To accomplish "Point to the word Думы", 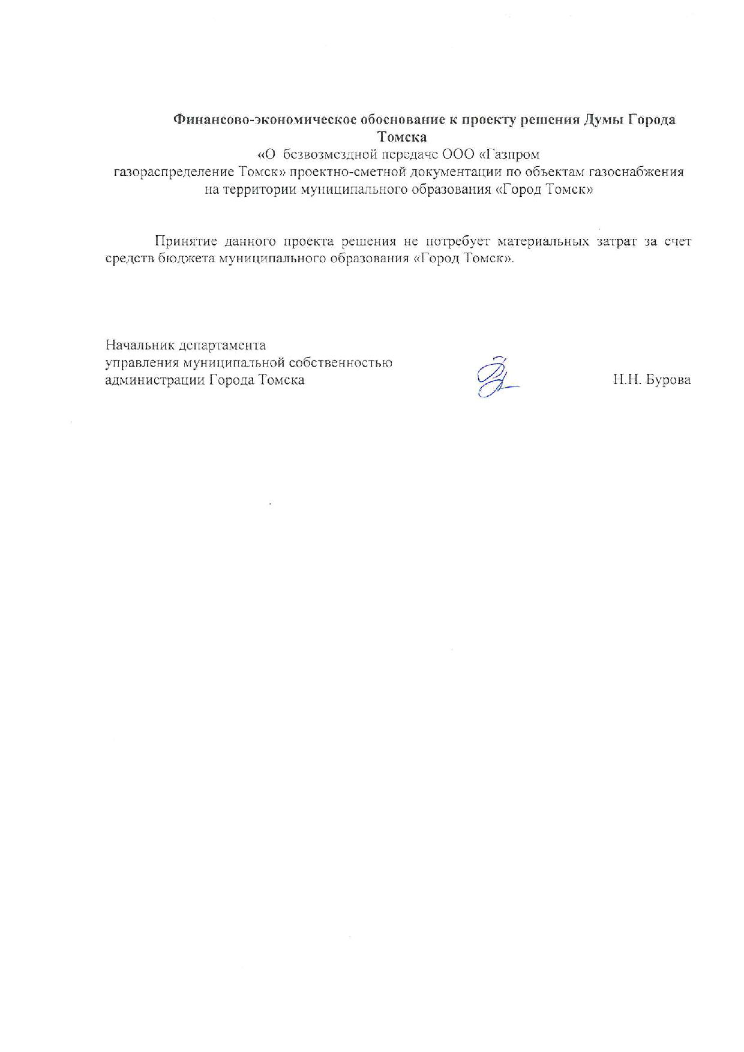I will (x=604, y=120).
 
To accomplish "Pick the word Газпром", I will (x=512, y=154).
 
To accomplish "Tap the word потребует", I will (x=458, y=241).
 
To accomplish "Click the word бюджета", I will (x=186, y=259).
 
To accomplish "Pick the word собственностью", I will (x=340, y=363).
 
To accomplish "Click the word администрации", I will (x=155, y=380).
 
